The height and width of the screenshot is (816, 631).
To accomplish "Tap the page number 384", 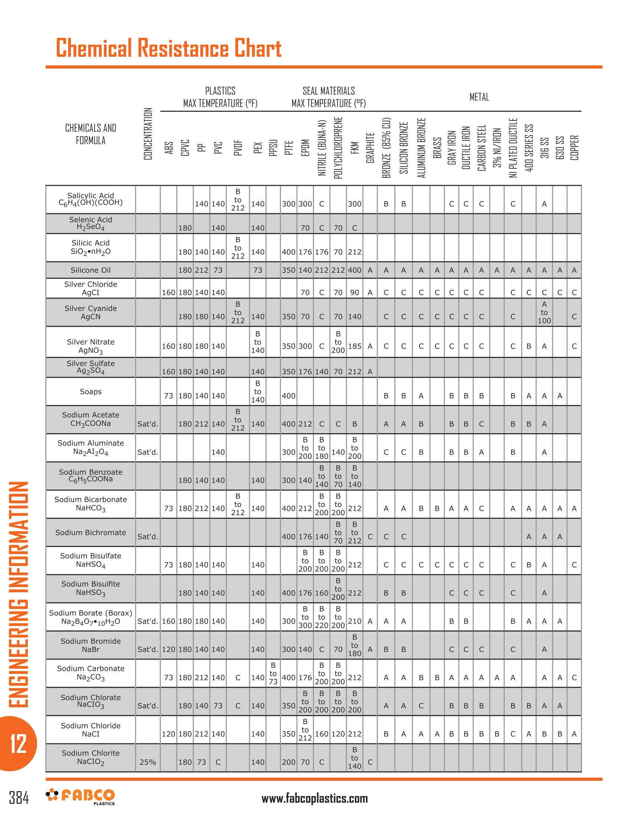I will pos(19,797).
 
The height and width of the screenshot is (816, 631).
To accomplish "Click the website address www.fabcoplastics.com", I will pos(314,798).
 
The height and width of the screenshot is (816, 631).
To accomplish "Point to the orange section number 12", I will pos(18,743).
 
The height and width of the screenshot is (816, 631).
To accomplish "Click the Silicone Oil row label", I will pos(91,270).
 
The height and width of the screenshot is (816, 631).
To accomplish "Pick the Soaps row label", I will pos(91,392).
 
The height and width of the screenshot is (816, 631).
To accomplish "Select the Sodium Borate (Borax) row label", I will pos(91,617).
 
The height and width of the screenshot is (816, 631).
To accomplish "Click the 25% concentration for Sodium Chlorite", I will pos(148,762).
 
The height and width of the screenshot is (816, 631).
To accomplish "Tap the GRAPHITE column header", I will pos(370,148).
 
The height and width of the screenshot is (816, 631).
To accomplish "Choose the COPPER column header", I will pos(574,148).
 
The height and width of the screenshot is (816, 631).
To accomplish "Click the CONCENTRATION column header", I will pos(148,134).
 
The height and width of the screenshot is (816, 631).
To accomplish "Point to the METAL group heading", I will pos(479,97).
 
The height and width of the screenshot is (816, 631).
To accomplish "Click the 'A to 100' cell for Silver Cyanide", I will pos(544,312).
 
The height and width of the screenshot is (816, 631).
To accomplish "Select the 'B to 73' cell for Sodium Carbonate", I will pos(273,673).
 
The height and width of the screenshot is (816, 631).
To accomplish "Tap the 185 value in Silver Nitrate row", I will pos(354,346).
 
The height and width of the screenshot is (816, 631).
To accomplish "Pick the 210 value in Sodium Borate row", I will pos(354,621).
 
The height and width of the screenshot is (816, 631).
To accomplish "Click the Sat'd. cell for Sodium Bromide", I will pos(148,649).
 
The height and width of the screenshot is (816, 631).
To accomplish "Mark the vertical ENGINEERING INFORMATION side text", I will pos(18,594).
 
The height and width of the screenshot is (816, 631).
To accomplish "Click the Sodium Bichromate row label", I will pos(91,532).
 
